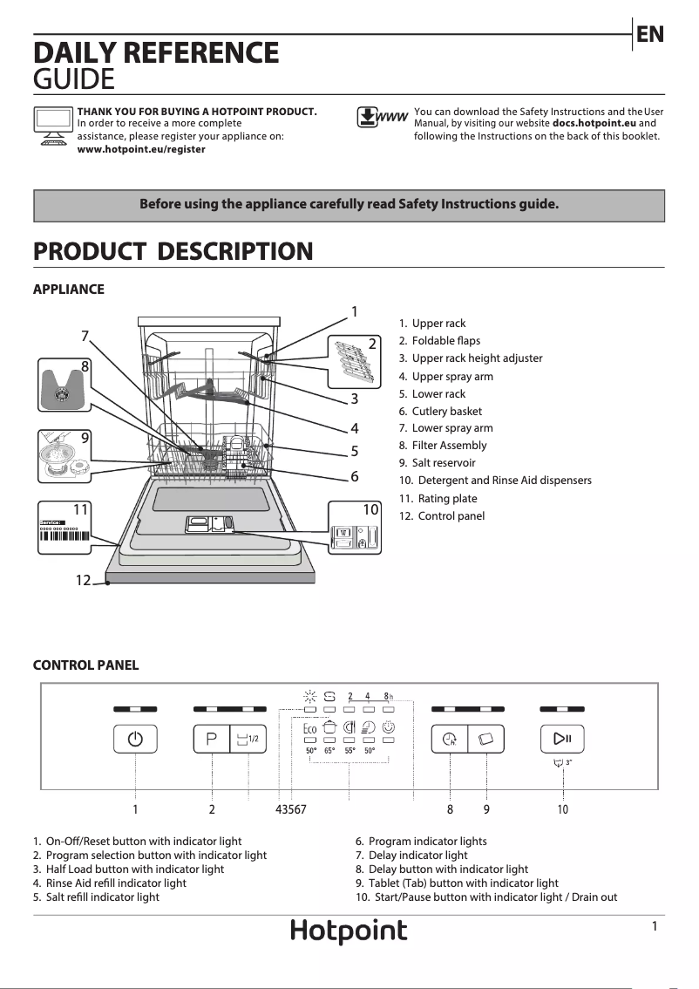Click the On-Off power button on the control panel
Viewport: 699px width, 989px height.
pyautogui.click(x=135, y=740)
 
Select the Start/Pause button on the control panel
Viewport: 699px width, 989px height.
pyautogui.click(x=562, y=740)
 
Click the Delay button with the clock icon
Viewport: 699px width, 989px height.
pyautogui.click(x=450, y=740)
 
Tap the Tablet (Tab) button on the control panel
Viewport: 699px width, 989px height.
pyautogui.click(x=486, y=740)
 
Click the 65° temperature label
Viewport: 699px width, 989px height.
pyautogui.click(x=329, y=750)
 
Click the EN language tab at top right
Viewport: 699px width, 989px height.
pyautogui.click(x=650, y=34)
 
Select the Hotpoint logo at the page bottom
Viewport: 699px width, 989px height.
pyautogui.click(x=349, y=931)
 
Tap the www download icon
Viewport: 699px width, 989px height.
pyautogui.click(x=383, y=118)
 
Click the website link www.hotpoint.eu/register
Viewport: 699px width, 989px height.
pyautogui.click(x=141, y=149)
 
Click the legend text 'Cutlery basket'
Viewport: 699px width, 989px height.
pyautogui.click(x=446, y=411)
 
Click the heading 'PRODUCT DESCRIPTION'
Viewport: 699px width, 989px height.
pyautogui.click(x=173, y=252)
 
